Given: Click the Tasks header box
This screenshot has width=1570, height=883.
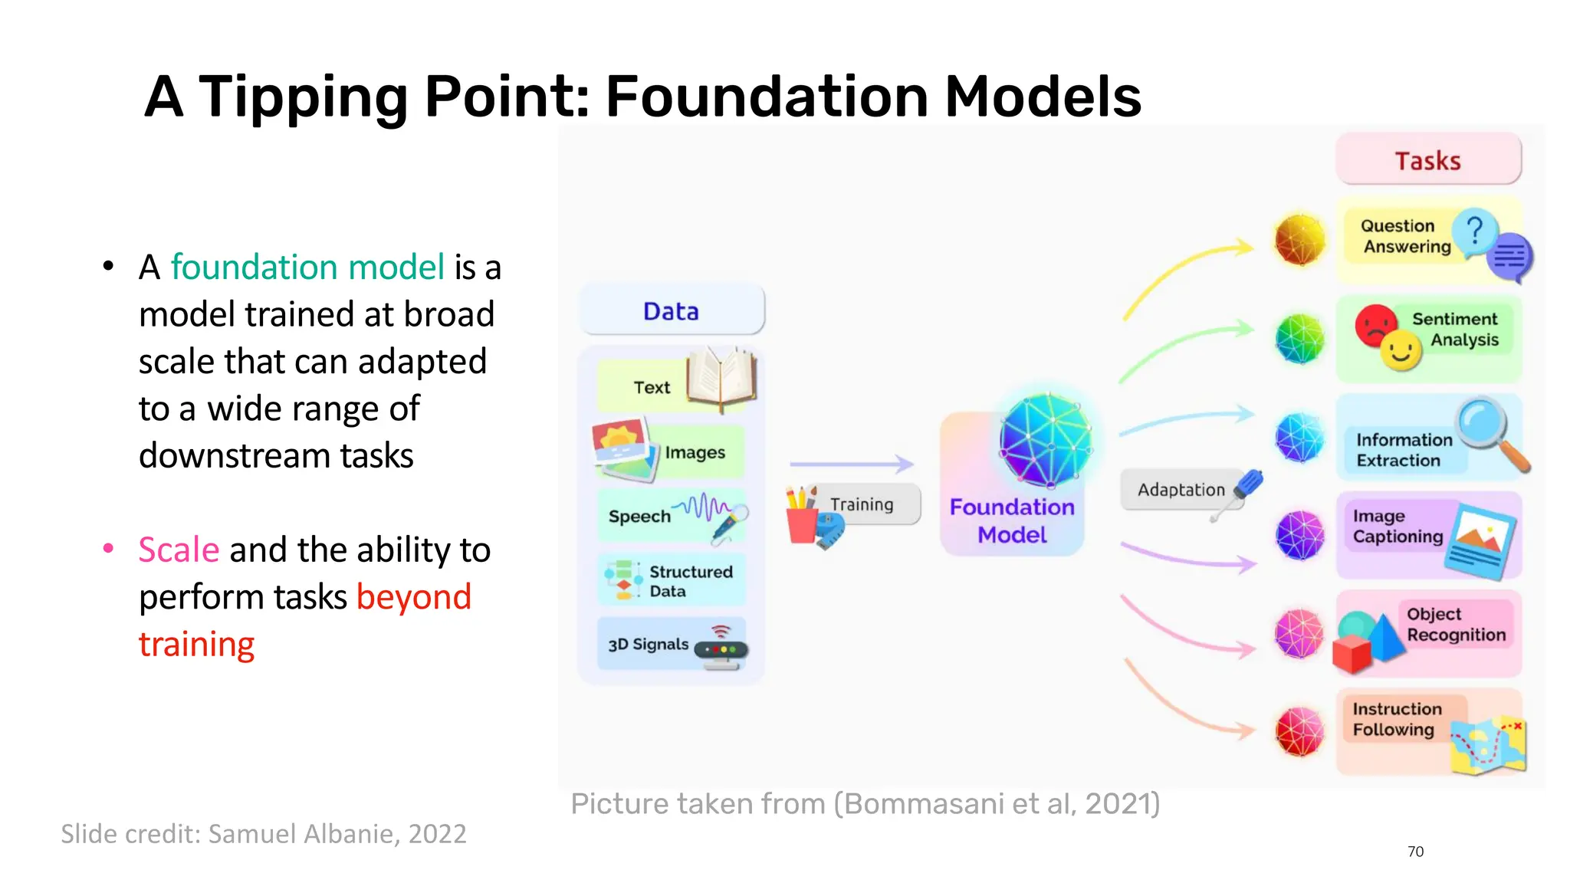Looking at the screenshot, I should pos(1427,159).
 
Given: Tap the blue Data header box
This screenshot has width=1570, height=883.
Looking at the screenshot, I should pos(672,310).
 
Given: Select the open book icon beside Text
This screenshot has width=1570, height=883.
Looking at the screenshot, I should pos(721,379).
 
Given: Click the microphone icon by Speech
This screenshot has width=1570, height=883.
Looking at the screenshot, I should pos(728,524).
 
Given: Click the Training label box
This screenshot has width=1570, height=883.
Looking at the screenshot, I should pos(862,504).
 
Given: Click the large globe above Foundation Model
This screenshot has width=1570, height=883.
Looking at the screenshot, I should pos(1046,439).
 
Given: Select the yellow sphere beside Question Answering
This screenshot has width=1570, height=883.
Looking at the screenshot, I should pos(1299,239).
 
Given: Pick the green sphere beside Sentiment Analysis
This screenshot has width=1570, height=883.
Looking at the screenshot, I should pos(1299,338).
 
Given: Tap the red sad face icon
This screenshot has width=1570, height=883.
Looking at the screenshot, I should pos(1375,325).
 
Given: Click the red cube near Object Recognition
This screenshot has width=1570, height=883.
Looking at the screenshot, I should pos(1352,654).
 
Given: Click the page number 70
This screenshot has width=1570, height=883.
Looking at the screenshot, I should pos(1415,852).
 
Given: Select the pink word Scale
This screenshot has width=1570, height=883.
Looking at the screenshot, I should pos(179,550).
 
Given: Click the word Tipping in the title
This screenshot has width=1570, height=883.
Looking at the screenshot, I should pos(303,97).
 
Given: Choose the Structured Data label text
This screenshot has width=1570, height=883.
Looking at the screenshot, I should pos(690,581).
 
